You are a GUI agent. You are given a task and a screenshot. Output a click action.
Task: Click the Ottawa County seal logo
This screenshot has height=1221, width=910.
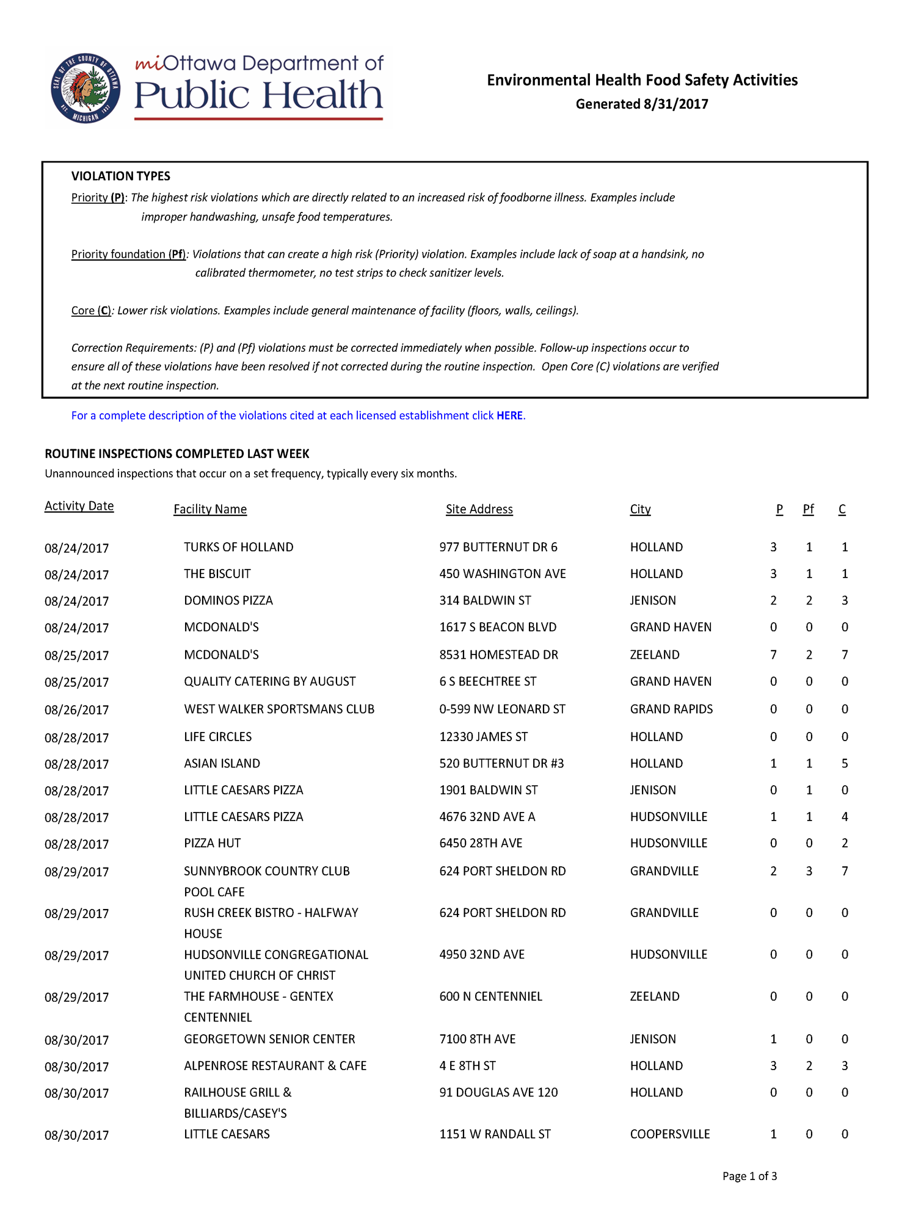(86, 89)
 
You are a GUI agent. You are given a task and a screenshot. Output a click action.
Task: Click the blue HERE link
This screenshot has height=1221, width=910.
(509, 416)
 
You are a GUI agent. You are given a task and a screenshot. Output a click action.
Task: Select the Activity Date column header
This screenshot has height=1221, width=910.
(79, 506)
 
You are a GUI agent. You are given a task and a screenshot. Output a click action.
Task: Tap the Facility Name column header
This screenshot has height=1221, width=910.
(210, 509)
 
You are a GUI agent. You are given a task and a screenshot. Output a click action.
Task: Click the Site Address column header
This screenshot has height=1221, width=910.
(479, 509)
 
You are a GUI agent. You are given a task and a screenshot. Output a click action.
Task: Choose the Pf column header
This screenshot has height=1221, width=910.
(808, 509)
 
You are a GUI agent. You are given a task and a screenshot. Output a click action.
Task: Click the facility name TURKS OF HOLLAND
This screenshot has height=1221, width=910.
(238, 547)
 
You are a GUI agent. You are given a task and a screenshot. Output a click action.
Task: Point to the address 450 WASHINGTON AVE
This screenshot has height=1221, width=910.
(502, 574)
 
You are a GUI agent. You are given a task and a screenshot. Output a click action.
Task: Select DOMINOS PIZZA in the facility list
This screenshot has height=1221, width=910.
(228, 601)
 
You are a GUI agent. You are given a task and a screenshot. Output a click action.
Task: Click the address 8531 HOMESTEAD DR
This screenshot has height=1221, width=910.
(498, 654)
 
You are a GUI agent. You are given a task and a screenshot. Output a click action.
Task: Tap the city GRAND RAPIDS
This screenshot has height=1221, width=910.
(671, 709)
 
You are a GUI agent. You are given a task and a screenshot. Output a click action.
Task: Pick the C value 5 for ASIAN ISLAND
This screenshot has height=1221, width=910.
(845, 763)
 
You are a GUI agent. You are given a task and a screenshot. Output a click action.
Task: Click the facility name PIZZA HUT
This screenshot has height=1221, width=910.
(212, 843)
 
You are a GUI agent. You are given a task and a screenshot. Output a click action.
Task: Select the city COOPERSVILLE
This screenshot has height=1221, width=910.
(669, 1134)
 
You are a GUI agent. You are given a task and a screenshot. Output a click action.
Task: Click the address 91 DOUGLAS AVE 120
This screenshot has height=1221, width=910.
(498, 1092)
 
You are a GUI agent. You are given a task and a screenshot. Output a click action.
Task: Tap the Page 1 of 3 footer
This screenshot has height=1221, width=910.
(749, 1176)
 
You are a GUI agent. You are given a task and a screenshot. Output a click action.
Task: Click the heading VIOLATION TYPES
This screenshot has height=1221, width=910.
(120, 176)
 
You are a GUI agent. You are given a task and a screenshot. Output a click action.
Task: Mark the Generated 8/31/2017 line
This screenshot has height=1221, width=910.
(641, 104)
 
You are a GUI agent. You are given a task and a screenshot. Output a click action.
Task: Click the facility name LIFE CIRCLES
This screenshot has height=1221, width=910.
(217, 737)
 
